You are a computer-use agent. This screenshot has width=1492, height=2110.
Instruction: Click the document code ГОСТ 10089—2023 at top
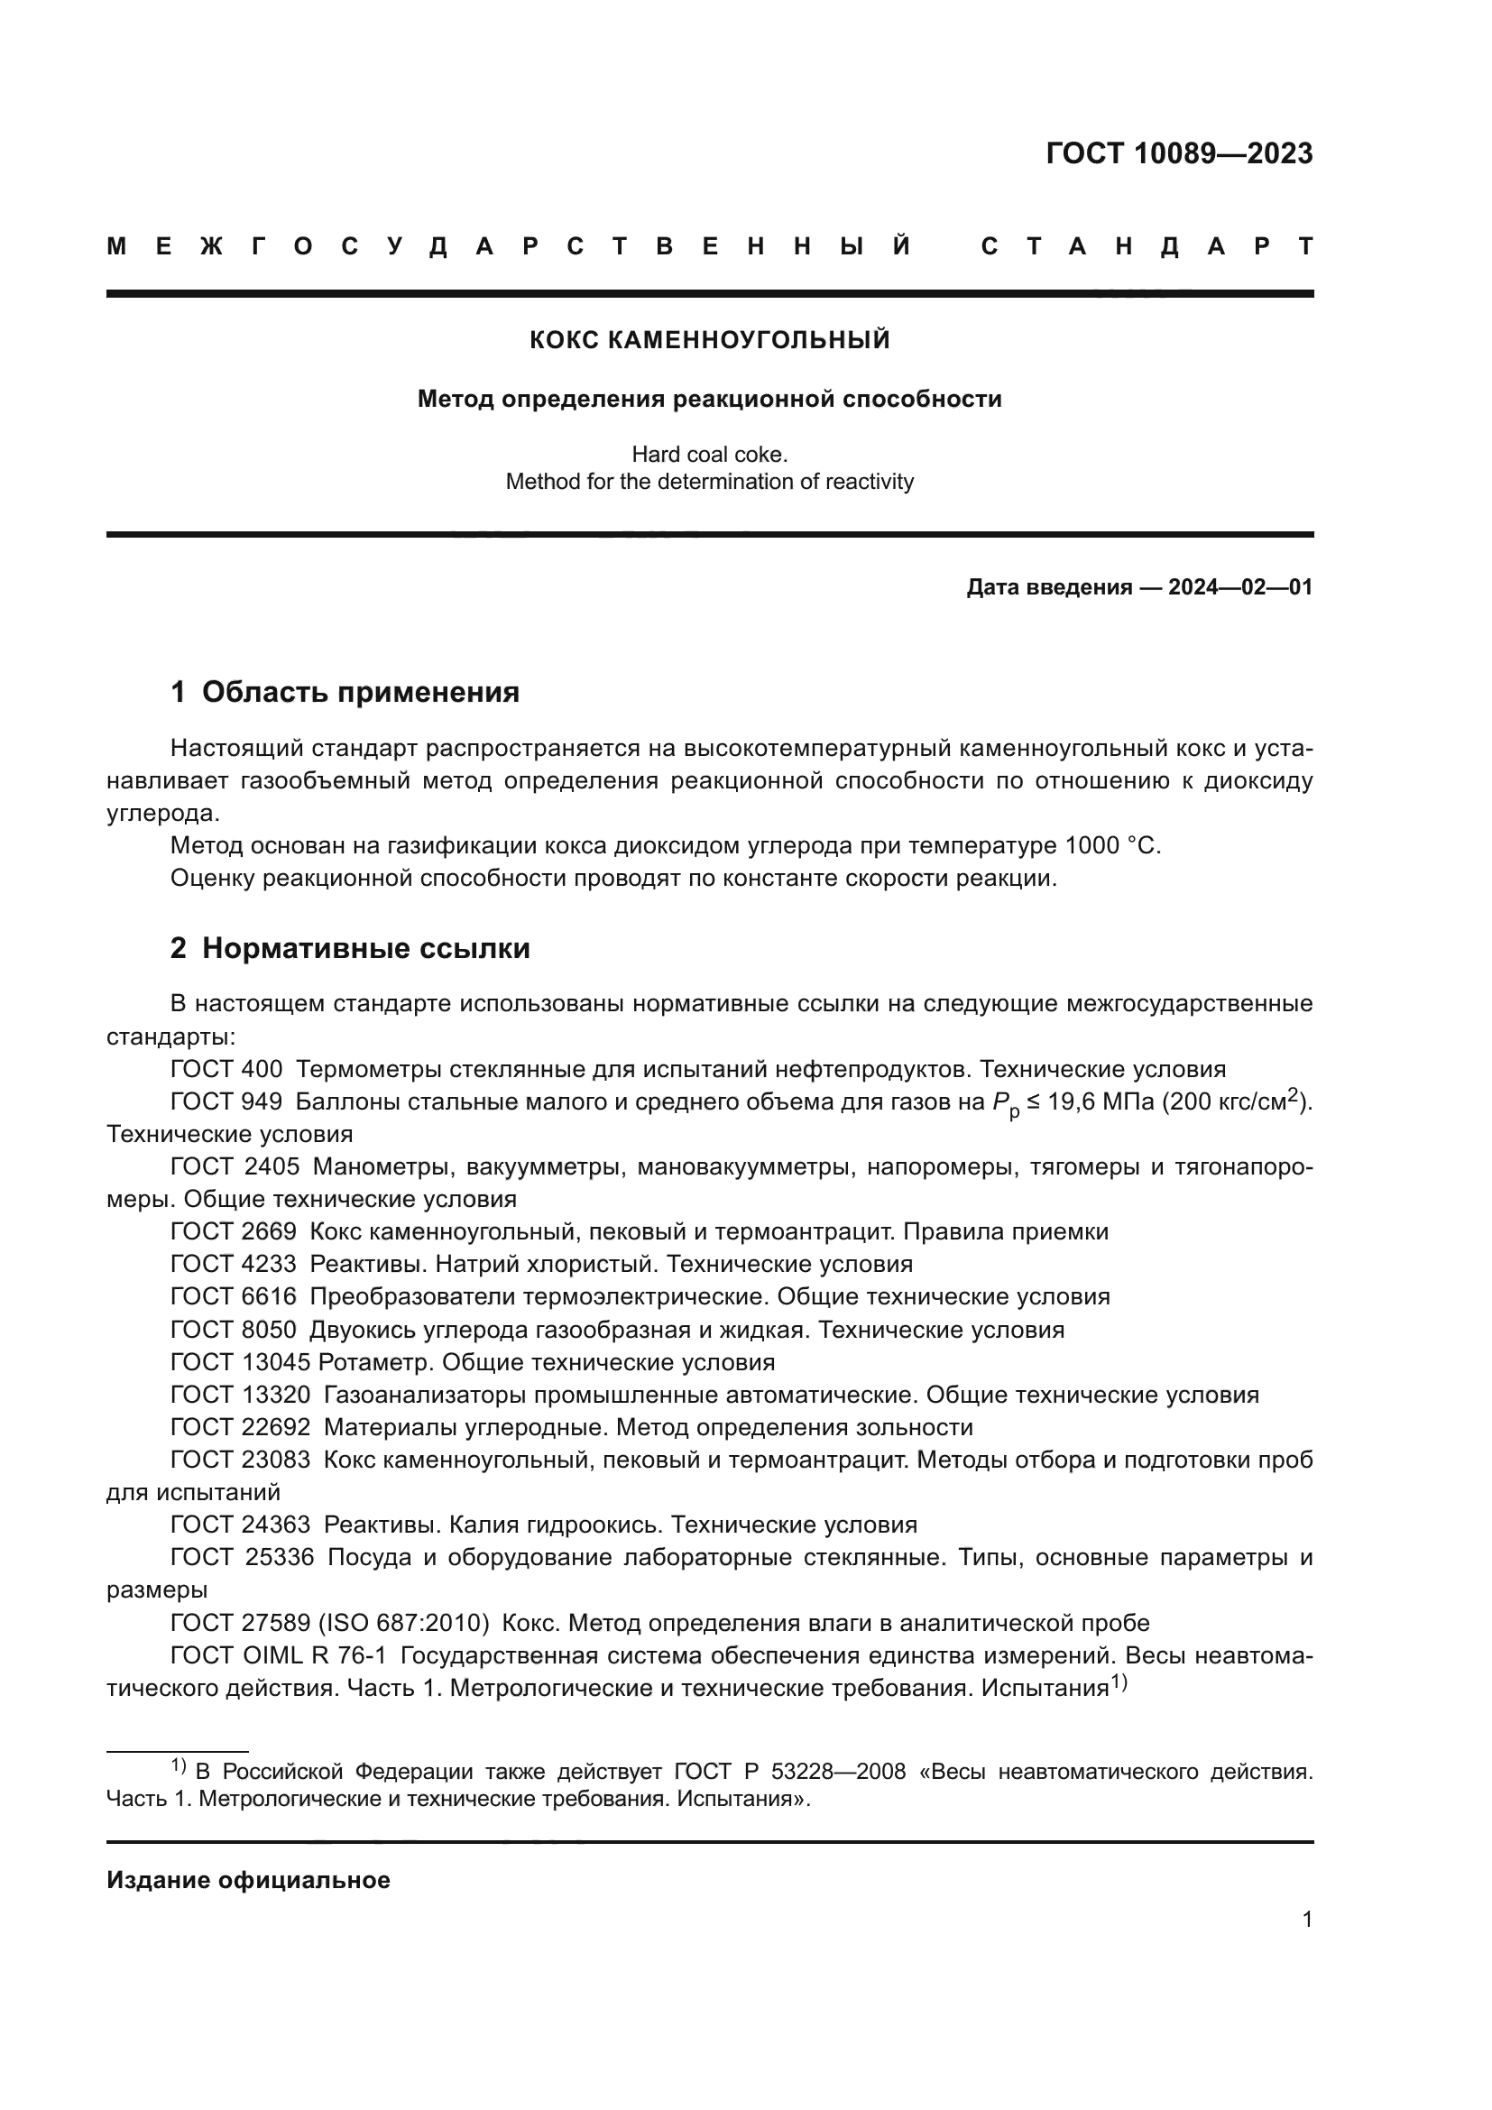[1179, 153]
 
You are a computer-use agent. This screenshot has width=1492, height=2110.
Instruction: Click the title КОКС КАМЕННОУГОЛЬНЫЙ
[709, 340]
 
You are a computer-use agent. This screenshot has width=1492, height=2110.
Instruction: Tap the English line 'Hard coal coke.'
[709, 454]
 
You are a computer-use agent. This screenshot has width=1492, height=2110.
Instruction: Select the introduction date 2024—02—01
[1239, 587]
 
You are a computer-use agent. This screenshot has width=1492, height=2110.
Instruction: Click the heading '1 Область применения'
[345, 692]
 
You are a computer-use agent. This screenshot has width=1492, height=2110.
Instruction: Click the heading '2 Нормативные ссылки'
[350, 948]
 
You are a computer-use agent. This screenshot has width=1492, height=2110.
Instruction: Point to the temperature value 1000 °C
[1112, 845]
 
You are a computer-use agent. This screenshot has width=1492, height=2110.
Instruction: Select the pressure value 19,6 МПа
[1101, 1101]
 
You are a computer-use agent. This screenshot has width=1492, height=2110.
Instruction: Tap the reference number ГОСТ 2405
[235, 1166]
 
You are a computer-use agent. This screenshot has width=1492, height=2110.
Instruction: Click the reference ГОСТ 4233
[234, 1264]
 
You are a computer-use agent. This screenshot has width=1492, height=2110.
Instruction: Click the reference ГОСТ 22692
[240, 1427]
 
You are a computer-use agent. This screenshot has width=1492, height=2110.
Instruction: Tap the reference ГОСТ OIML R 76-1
[279, 1656]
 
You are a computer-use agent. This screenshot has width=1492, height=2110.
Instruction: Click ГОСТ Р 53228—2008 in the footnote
[789, 1772]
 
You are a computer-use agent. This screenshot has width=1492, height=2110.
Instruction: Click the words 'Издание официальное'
[248, 1880]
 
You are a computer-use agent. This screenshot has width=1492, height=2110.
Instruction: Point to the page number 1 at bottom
[1306, 1919]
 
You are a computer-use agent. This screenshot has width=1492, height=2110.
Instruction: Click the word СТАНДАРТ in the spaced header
[1147, 246]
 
